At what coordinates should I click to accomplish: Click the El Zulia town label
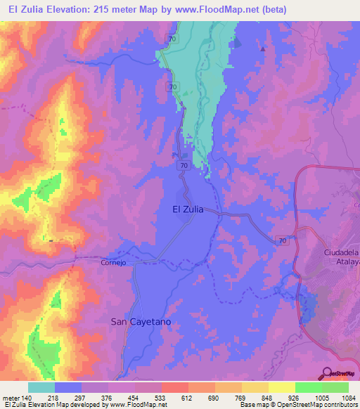(x=193, y=209)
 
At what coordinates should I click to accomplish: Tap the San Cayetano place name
(x=141, y=321)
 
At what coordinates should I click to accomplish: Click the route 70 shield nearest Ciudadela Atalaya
(x=282, y=240)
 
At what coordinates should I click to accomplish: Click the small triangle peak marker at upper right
(x=264, y=49)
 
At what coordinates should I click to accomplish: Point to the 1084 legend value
(x=348, y=397)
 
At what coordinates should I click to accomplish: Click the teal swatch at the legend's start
(x=41, y=387)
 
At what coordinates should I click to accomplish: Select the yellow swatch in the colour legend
(x=281, y=387)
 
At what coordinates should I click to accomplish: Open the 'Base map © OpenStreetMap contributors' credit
(x=297, y=405)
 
